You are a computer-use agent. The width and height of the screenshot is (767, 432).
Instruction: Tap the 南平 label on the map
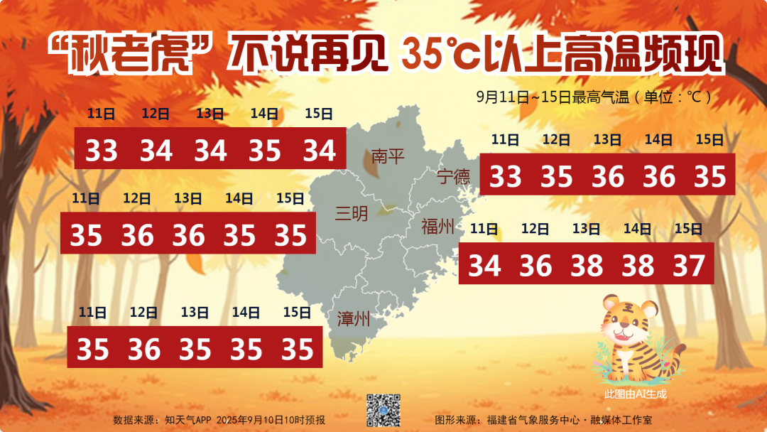[388, 156]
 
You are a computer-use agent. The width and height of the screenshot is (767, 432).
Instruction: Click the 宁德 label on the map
[453, 176]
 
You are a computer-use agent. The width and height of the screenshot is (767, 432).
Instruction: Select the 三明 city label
[352, 212]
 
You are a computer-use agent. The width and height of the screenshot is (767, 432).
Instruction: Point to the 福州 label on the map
[437, 227]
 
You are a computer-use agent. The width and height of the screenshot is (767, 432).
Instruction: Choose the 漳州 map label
[354, 318]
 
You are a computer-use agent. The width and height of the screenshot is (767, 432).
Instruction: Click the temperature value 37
[688, 266]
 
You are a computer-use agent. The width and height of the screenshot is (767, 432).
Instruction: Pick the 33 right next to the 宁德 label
[505, 176]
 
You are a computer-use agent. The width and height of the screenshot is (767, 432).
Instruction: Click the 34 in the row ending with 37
[484, 266]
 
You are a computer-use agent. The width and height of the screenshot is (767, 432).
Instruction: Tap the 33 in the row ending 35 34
[101, 150]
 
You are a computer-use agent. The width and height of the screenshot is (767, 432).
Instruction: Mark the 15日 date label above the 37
[687, 229]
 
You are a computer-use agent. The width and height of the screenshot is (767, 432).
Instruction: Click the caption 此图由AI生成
[636, 393]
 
